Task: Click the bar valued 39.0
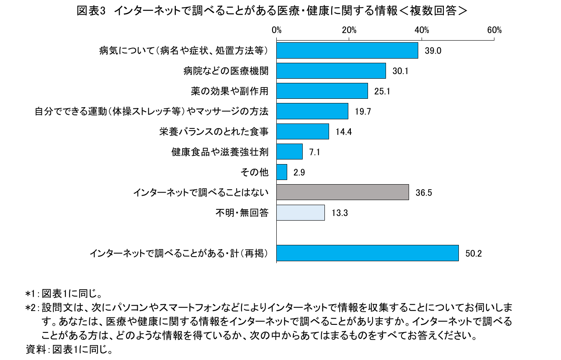[347, 51]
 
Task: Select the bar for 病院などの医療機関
[331, 71]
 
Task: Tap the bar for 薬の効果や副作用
[322, 91]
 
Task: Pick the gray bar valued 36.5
[342, 192]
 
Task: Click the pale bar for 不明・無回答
[301, 213]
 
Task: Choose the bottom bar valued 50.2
[367, 253]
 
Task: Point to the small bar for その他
[282, 172]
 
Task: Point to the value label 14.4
[343, 132]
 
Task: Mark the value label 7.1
[314, 152]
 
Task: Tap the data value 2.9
[299, 172]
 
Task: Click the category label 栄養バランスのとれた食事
[214, 132]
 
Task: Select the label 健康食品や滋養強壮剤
[220, 152]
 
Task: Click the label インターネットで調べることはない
[201, 193]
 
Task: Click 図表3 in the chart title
[90, 11]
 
